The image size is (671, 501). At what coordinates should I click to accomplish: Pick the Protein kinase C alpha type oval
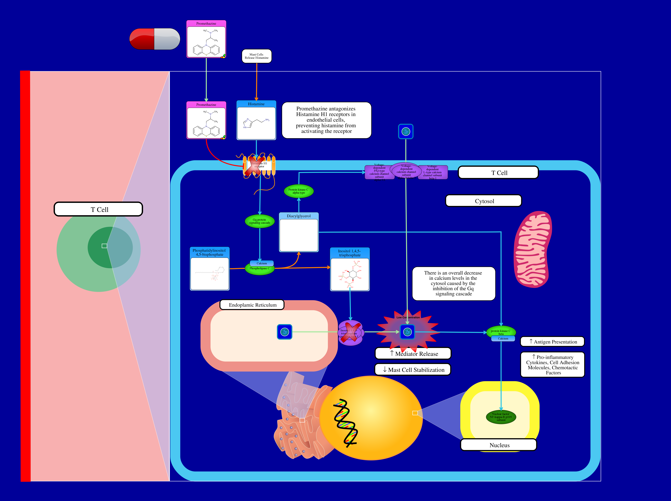(299, 191)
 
